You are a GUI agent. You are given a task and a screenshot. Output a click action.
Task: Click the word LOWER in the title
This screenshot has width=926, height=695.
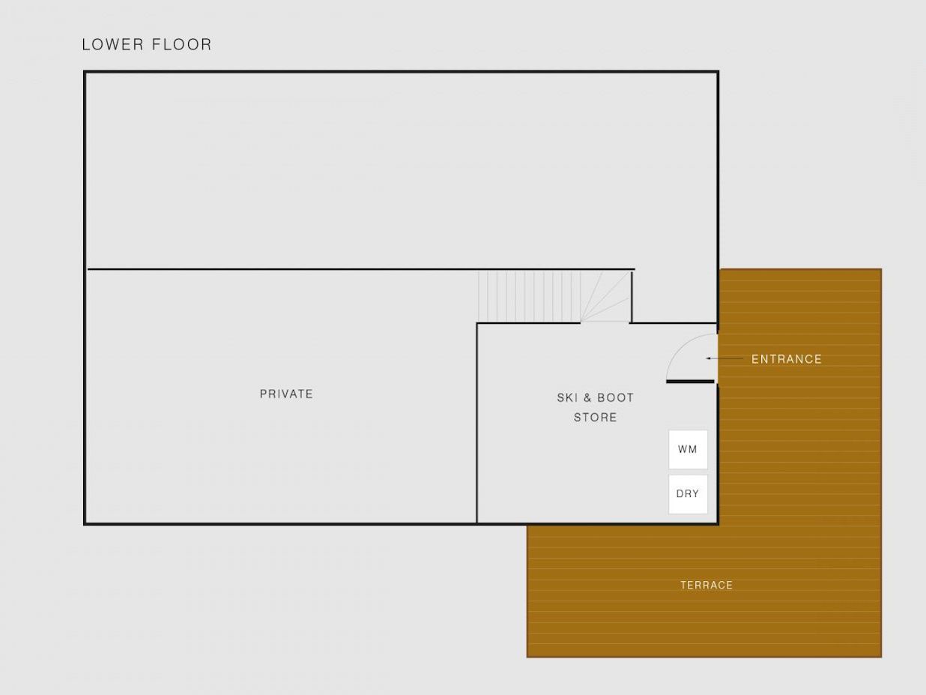coord(112,44)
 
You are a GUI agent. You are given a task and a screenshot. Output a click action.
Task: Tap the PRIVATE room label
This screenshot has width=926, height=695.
coord(286,394)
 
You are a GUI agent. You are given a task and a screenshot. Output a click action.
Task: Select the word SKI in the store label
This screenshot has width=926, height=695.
coord(567,397)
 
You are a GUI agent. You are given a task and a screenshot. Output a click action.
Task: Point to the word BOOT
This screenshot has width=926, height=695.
coord(616,397)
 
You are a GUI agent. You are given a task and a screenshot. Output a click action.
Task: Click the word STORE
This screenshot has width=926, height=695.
coord(596,418)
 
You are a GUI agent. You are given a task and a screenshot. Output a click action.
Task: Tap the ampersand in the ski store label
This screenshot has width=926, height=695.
coord(587,397)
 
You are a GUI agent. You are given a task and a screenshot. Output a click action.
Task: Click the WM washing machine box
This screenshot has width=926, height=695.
coord(688,449)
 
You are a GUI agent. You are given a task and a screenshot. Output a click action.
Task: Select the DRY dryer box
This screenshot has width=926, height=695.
coord(688,494)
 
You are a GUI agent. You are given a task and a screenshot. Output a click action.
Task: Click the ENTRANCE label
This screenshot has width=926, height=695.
coord(787,359)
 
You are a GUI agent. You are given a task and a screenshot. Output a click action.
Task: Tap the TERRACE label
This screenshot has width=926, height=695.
coord(706,585)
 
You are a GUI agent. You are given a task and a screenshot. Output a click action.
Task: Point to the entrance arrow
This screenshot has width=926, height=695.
coord(724,358)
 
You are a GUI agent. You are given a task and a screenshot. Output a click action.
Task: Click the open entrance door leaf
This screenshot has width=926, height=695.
coord(690,382)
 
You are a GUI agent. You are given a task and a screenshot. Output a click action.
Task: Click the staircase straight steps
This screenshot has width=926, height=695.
coord(530,296)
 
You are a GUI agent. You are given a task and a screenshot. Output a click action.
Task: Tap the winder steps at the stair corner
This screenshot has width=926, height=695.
coord(605,296)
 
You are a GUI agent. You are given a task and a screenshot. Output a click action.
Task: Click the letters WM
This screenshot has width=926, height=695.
coord(688,449)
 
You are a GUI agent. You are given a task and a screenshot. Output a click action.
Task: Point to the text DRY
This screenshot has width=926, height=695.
coord(688,494)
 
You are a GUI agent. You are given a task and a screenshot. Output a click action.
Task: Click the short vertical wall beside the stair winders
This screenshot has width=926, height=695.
coord(632,297)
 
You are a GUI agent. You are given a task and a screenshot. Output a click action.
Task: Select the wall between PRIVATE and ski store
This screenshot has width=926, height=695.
coord(477,424)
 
